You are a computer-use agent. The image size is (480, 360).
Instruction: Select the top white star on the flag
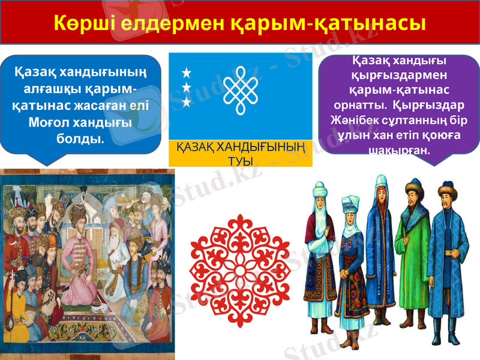[x=186, y=73]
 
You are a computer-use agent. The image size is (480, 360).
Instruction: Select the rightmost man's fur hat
[x=446, y=192]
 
